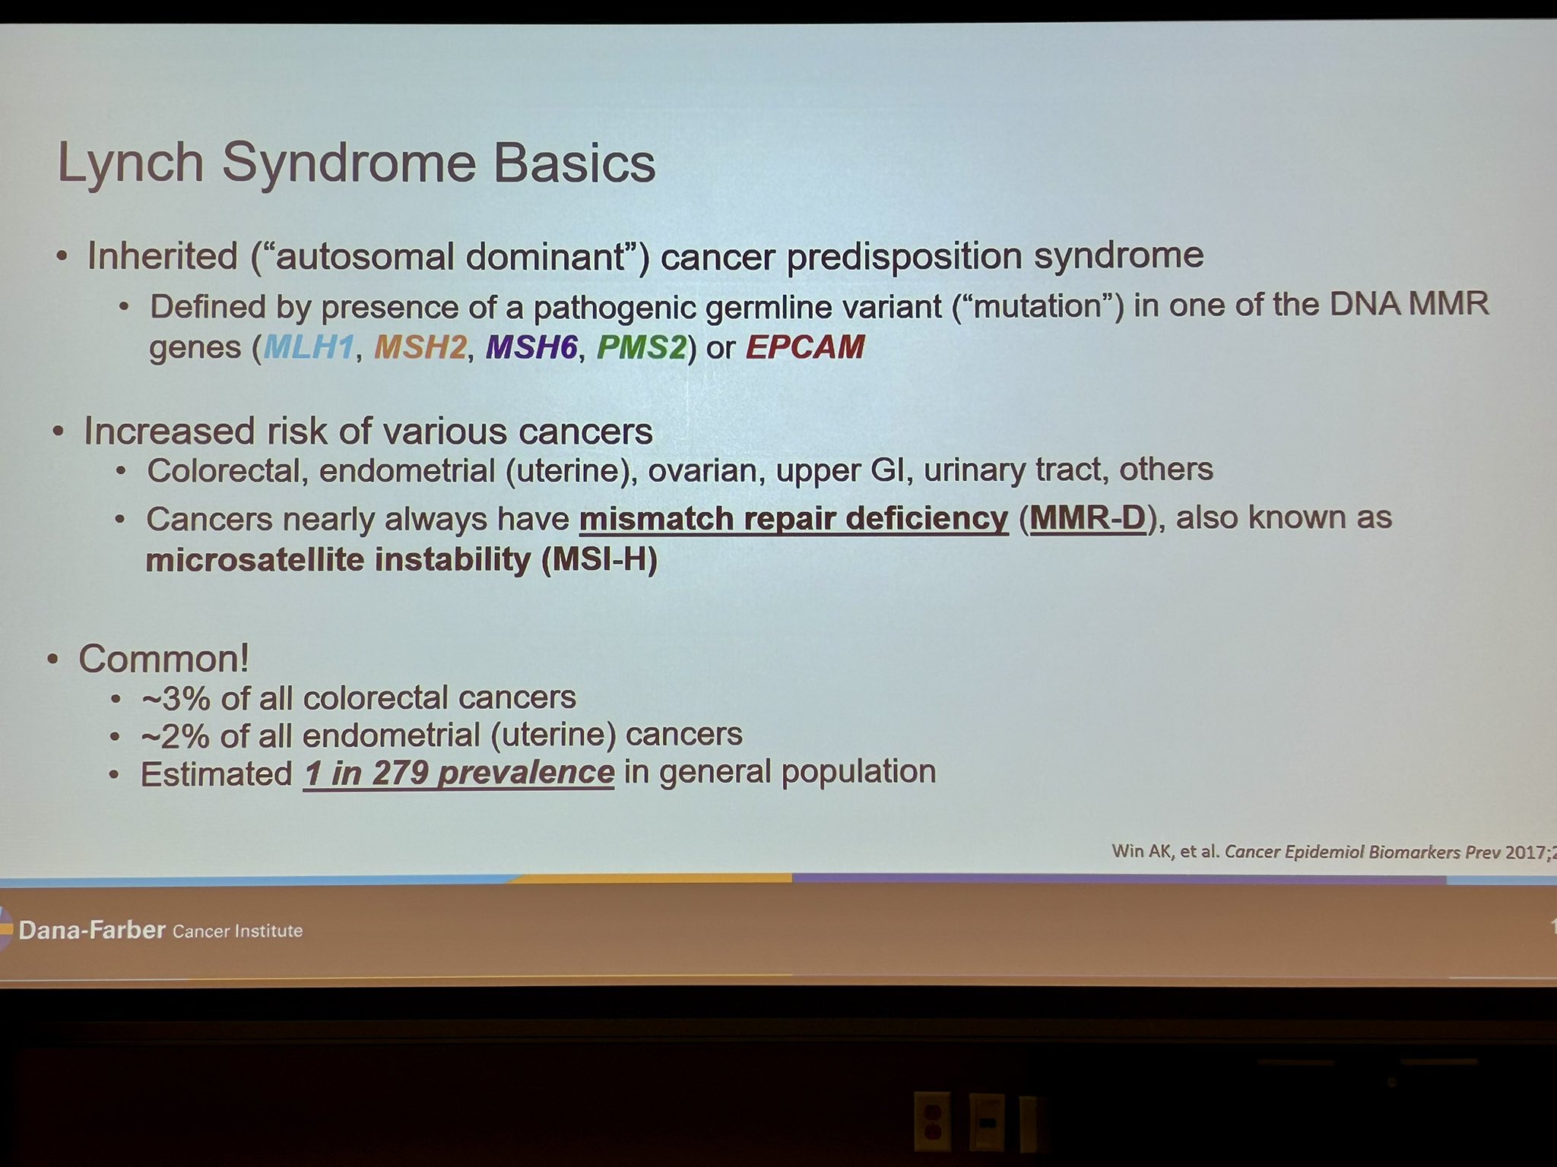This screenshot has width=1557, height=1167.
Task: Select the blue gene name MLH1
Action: click(309, 347)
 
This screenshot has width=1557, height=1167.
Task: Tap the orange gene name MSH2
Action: click(420, 347)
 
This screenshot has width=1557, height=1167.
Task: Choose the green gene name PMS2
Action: click(642, 347)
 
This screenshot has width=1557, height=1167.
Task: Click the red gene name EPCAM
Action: click(805, 346)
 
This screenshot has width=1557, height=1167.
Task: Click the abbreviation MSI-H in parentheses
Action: click(599, 560)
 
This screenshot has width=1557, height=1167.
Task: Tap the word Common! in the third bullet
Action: click(164, 659)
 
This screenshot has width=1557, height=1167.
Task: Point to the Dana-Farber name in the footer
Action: click(92, 930)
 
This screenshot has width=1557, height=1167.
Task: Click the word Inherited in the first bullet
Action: click(163, 256)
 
